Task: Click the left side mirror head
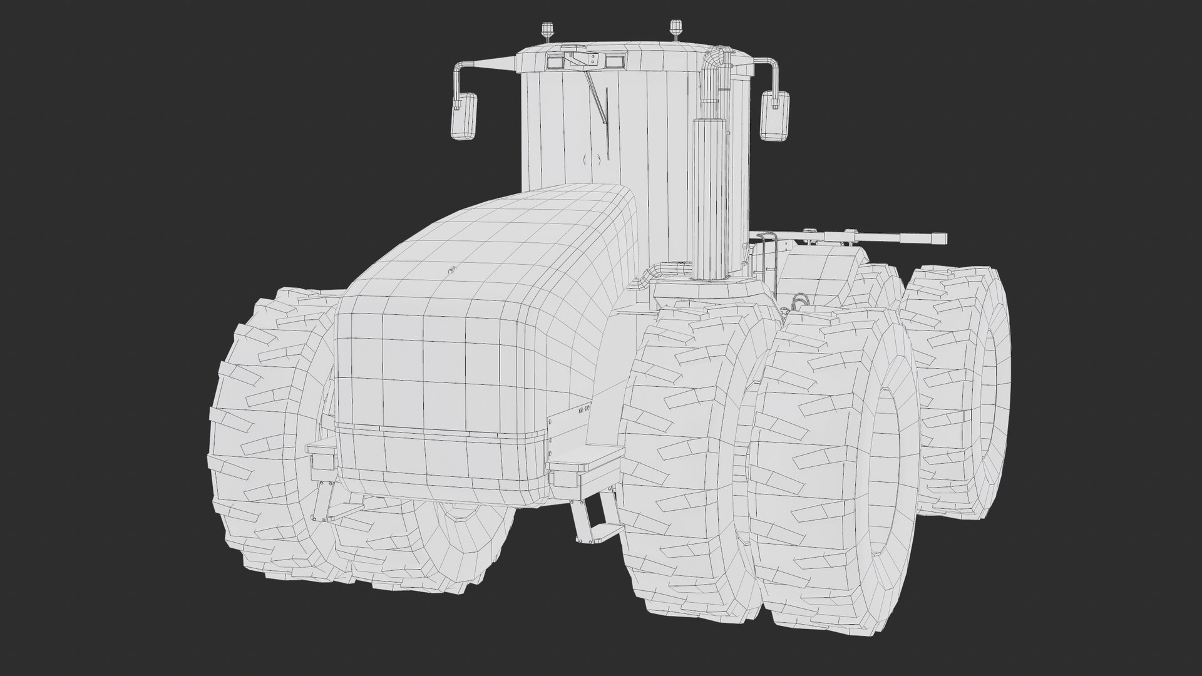click(x=464, y=115)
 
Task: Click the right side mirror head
click(x=774, y=115)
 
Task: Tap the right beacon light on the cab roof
click(x=675, y=29)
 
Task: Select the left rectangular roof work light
click(x=555, y=61)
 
